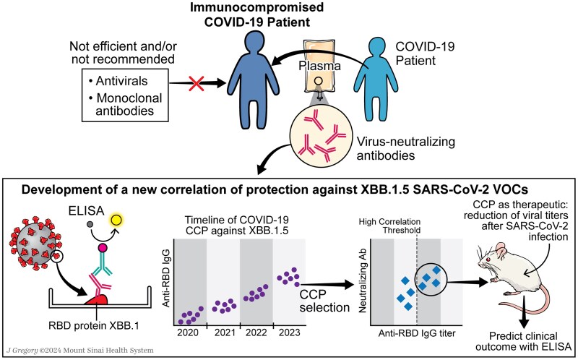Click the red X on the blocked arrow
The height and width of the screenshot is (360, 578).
click(x=196, y=83)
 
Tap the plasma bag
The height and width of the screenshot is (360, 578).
click(x=319, y=67)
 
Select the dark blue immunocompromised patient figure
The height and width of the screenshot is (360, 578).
click(x=253, y=80)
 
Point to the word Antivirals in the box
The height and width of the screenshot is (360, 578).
click(x=121, y=81)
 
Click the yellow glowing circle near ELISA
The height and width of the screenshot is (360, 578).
click(x=116, y=220)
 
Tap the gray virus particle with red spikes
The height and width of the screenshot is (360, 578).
click(x=35, y=243)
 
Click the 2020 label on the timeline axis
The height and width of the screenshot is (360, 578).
click(x=188, y=333)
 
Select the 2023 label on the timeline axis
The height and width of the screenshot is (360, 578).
click(x=290, y=333)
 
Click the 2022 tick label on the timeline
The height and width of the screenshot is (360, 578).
click(x=256, y=333)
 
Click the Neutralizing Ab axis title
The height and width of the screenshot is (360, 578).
click(x=363, y=282)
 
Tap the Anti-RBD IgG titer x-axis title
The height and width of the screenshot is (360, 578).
click(x=417, y=333)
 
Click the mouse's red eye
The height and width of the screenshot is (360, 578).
click(x=488, y=260)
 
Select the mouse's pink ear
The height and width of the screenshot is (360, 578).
click(x=501, y=251)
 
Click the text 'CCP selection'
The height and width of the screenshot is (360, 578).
click(x=324, y=301)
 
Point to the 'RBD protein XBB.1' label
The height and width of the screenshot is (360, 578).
click(x=94, y=326)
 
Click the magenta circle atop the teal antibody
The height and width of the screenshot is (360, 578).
click(x=103, y=247)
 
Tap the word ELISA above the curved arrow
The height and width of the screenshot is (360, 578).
click(x=86, y=210)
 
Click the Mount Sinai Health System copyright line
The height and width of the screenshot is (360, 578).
click(x=80, y=350)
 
